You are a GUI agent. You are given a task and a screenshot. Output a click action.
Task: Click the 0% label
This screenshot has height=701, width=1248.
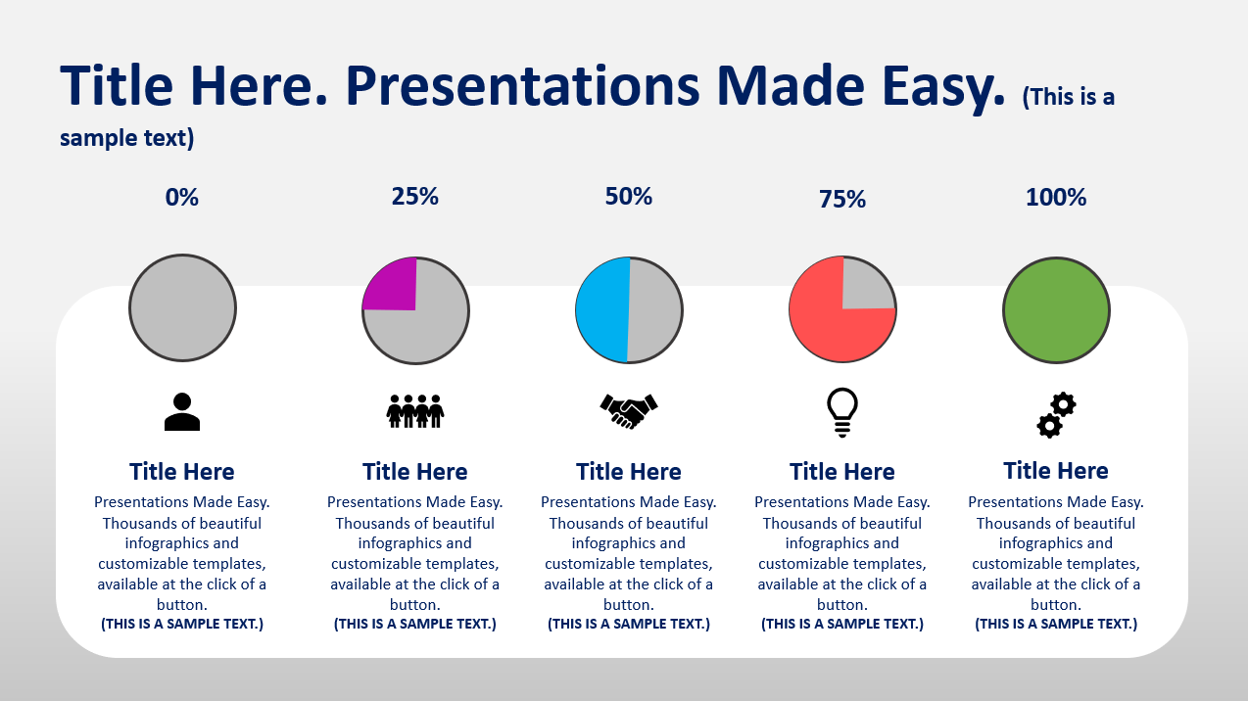point(181,197)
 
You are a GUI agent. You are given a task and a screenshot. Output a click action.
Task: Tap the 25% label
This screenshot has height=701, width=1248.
point(415,196)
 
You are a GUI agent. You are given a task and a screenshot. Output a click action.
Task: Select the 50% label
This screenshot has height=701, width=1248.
point(629,196)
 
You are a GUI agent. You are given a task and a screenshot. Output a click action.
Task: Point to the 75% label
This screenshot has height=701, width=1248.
point(842,199)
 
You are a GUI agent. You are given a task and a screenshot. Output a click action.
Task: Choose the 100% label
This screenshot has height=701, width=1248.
point(1056,197)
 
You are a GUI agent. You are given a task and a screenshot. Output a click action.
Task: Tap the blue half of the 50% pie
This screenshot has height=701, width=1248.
point(601,309)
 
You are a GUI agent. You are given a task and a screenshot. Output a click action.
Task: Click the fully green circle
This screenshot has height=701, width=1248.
point(1056,310)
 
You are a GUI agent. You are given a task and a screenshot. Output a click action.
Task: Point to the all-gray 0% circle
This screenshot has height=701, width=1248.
point(183,307)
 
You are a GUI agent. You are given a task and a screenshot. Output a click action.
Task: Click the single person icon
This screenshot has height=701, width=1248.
point(182,411)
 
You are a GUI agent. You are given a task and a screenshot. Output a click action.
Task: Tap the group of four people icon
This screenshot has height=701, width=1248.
point(415,411)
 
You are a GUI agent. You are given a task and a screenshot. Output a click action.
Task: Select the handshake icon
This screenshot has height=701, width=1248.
point(629,411)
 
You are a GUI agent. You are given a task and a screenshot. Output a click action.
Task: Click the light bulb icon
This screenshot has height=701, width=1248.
point(842,412)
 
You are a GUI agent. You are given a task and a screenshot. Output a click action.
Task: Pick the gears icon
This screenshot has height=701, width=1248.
point(1056,415)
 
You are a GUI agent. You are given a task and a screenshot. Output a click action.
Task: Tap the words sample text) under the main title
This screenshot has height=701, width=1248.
point(127,138)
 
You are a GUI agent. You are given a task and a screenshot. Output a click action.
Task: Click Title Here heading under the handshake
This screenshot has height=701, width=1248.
point(629,472)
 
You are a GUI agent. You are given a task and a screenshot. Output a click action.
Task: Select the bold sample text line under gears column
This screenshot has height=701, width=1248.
point(1056,624)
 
